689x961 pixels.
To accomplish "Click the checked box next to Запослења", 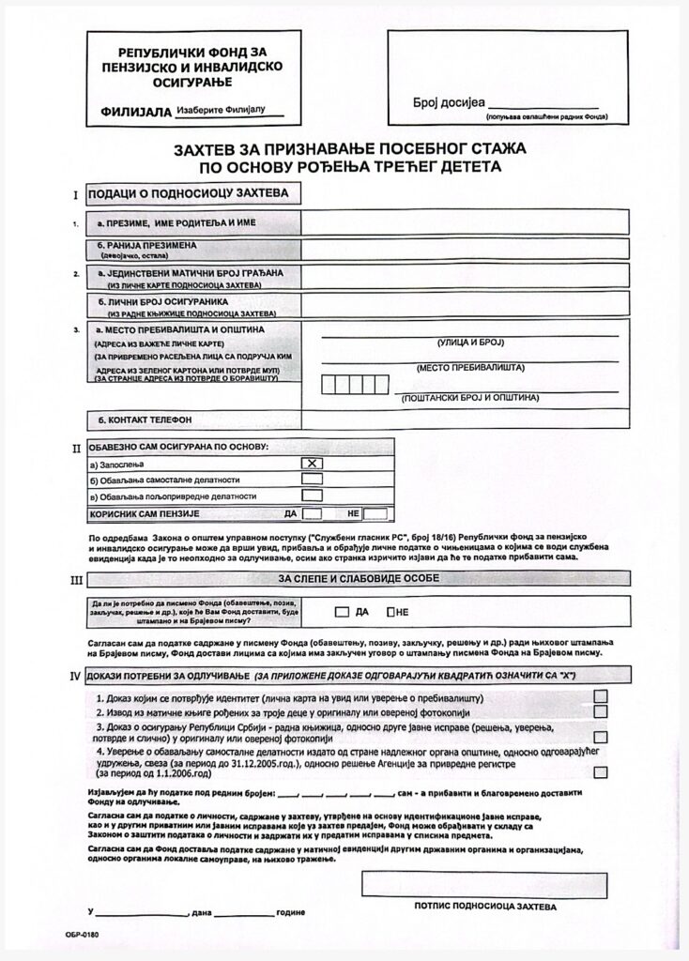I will pos(312,463).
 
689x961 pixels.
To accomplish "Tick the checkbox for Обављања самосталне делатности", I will pos(312,479).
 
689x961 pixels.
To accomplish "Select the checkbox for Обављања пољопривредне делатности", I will pos(312,496).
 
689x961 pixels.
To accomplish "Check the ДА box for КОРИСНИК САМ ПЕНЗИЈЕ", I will pos(313,513).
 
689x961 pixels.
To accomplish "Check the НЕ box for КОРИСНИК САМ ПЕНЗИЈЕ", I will pos(375,513).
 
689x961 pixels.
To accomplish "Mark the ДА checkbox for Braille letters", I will pos(342,612).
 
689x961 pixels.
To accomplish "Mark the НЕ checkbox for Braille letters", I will pos(390,612).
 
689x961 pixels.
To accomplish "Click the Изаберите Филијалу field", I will pos(231,110).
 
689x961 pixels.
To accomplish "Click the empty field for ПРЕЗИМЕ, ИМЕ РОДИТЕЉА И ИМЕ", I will pos(465,221).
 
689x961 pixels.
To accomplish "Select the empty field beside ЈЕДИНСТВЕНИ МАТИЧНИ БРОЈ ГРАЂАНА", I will pos(465,276).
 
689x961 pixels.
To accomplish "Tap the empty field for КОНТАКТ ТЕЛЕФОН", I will pos(465,419).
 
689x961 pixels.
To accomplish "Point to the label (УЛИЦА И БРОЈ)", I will pos(470,343).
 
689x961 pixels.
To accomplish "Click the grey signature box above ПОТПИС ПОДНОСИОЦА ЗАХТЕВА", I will pos(483,884).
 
